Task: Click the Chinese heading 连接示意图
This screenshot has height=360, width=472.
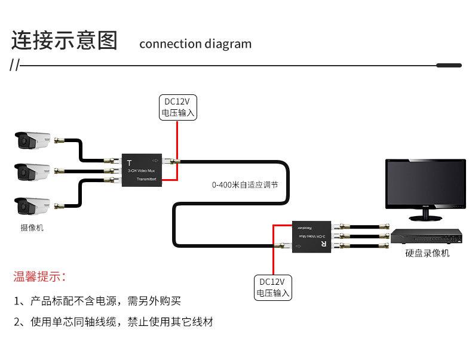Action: click(x=65, y=41)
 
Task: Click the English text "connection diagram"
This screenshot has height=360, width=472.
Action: click(x=195, y=44)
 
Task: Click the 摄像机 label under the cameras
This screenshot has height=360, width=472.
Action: click(x=32, y=227)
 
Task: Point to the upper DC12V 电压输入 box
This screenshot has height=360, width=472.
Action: click(x=177, y=106)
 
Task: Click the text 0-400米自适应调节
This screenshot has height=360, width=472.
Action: click(x=244, y=184)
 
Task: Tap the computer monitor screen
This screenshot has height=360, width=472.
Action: click(x=424, y=187)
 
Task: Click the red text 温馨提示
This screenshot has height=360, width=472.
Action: click(x=39, y=277)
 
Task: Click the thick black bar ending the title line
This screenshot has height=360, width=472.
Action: click(x=449, y=64)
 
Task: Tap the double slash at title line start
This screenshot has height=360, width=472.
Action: click(x=15, y=65)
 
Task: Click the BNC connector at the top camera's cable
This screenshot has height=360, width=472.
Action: click(x=58, y=141)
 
